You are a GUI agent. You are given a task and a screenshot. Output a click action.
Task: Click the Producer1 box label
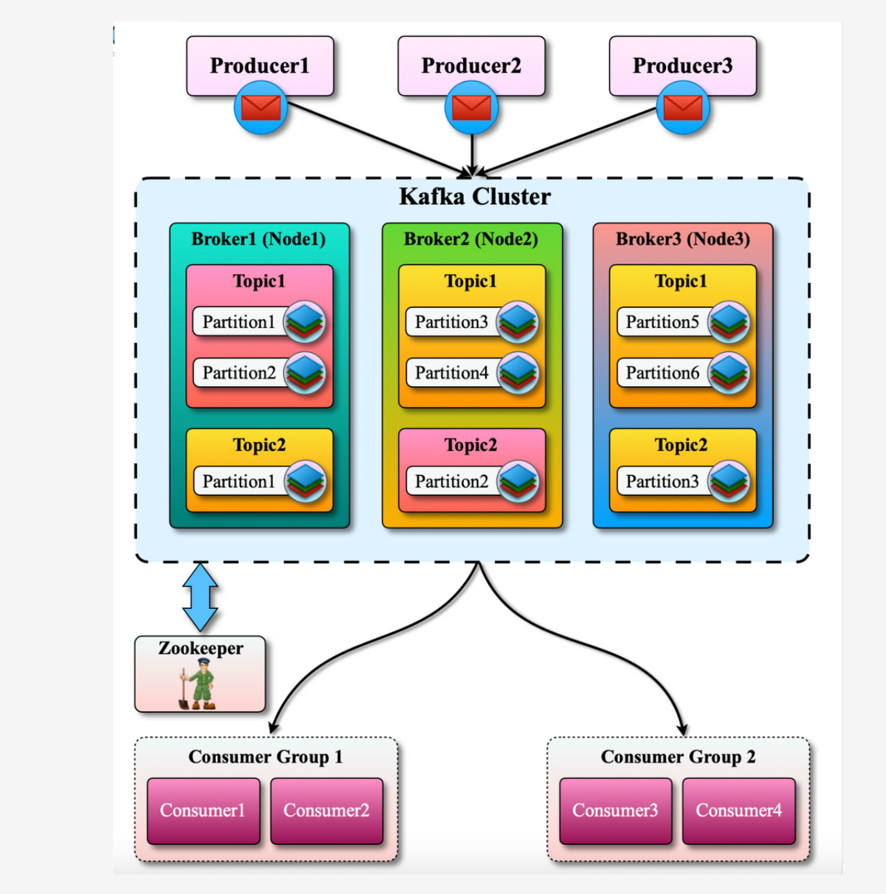[x=260, y=66]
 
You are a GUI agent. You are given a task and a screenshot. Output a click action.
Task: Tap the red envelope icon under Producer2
[x=471, y=108]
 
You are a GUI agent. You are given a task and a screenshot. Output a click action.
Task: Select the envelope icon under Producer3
[x=682, y=108]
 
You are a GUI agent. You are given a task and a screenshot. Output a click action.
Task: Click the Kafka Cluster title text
[x=475, y=197]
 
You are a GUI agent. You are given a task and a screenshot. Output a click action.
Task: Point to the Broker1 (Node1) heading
[x=258, y=239]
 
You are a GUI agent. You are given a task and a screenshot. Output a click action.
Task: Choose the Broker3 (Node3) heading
[x=682, y=239]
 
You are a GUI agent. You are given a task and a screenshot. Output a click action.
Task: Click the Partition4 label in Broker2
[x=451, y=373]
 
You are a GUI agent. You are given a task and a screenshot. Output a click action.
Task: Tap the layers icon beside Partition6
[x=728, y=373]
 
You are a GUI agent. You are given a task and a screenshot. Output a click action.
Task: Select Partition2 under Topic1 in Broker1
[x=239, y=373]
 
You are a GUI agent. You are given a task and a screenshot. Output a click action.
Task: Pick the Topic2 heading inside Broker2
[x=471, y=445]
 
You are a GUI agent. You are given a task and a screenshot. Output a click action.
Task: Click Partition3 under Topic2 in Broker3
[x=662, y=482]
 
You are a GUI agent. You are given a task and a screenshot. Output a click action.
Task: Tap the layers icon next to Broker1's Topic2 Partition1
[x=305, y=481]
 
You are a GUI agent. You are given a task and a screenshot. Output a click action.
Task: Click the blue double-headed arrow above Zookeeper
[x=200, y=596]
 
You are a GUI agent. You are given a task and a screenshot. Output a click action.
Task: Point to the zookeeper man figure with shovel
[x=199, y=684]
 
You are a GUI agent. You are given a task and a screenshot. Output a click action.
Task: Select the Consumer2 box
[x=326, y=810]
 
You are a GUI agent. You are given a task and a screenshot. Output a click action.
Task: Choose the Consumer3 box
[x=615, y=810]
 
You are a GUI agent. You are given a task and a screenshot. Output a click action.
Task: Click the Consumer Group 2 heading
[x=678, y=757]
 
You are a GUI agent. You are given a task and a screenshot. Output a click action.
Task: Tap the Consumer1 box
[x=203, y=810]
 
